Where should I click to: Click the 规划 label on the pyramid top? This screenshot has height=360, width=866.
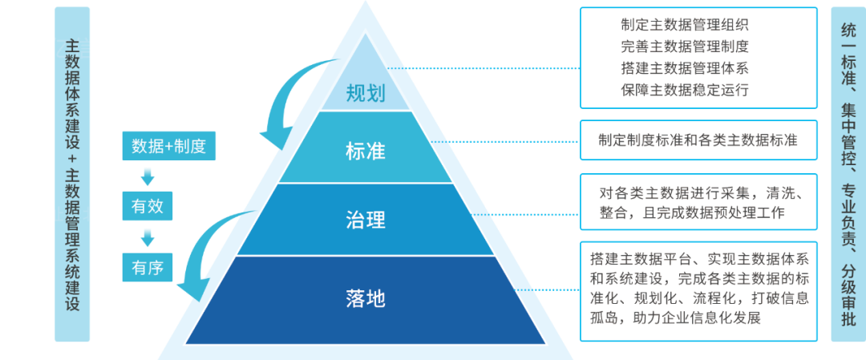pyautogui.click(x=366, y=94)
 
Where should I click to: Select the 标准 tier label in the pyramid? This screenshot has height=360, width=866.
pyautogui.click(x=366, y=152)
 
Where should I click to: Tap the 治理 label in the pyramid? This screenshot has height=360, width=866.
pyautogui.click(x=366, y=219)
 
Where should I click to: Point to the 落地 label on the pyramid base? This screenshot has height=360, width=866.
pyautogui.click(x=366, y=298)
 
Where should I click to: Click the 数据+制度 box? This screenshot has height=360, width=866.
pyautogui.click(x=169, y=146)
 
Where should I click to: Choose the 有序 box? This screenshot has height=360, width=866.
pyautogui.click(x=148, y=267)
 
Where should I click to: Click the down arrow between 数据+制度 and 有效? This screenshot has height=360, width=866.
pyautogui.click(x=148, y=176)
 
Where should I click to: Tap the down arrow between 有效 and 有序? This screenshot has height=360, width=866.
pyautogui.click(x=148, y=237)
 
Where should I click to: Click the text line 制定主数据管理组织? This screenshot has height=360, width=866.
pyautogui.click(x=684, y=25)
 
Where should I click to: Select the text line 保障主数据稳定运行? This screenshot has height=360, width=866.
pyautogui.click(x=684, y=90)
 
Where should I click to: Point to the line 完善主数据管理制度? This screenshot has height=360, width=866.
pyautogui.click(x=684, y=47)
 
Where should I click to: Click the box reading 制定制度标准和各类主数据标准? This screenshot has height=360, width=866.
pyautogui.click(x=698, y=140)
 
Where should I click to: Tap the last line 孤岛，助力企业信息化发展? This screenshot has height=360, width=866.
pyautogui.click(x=675, y=318)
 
